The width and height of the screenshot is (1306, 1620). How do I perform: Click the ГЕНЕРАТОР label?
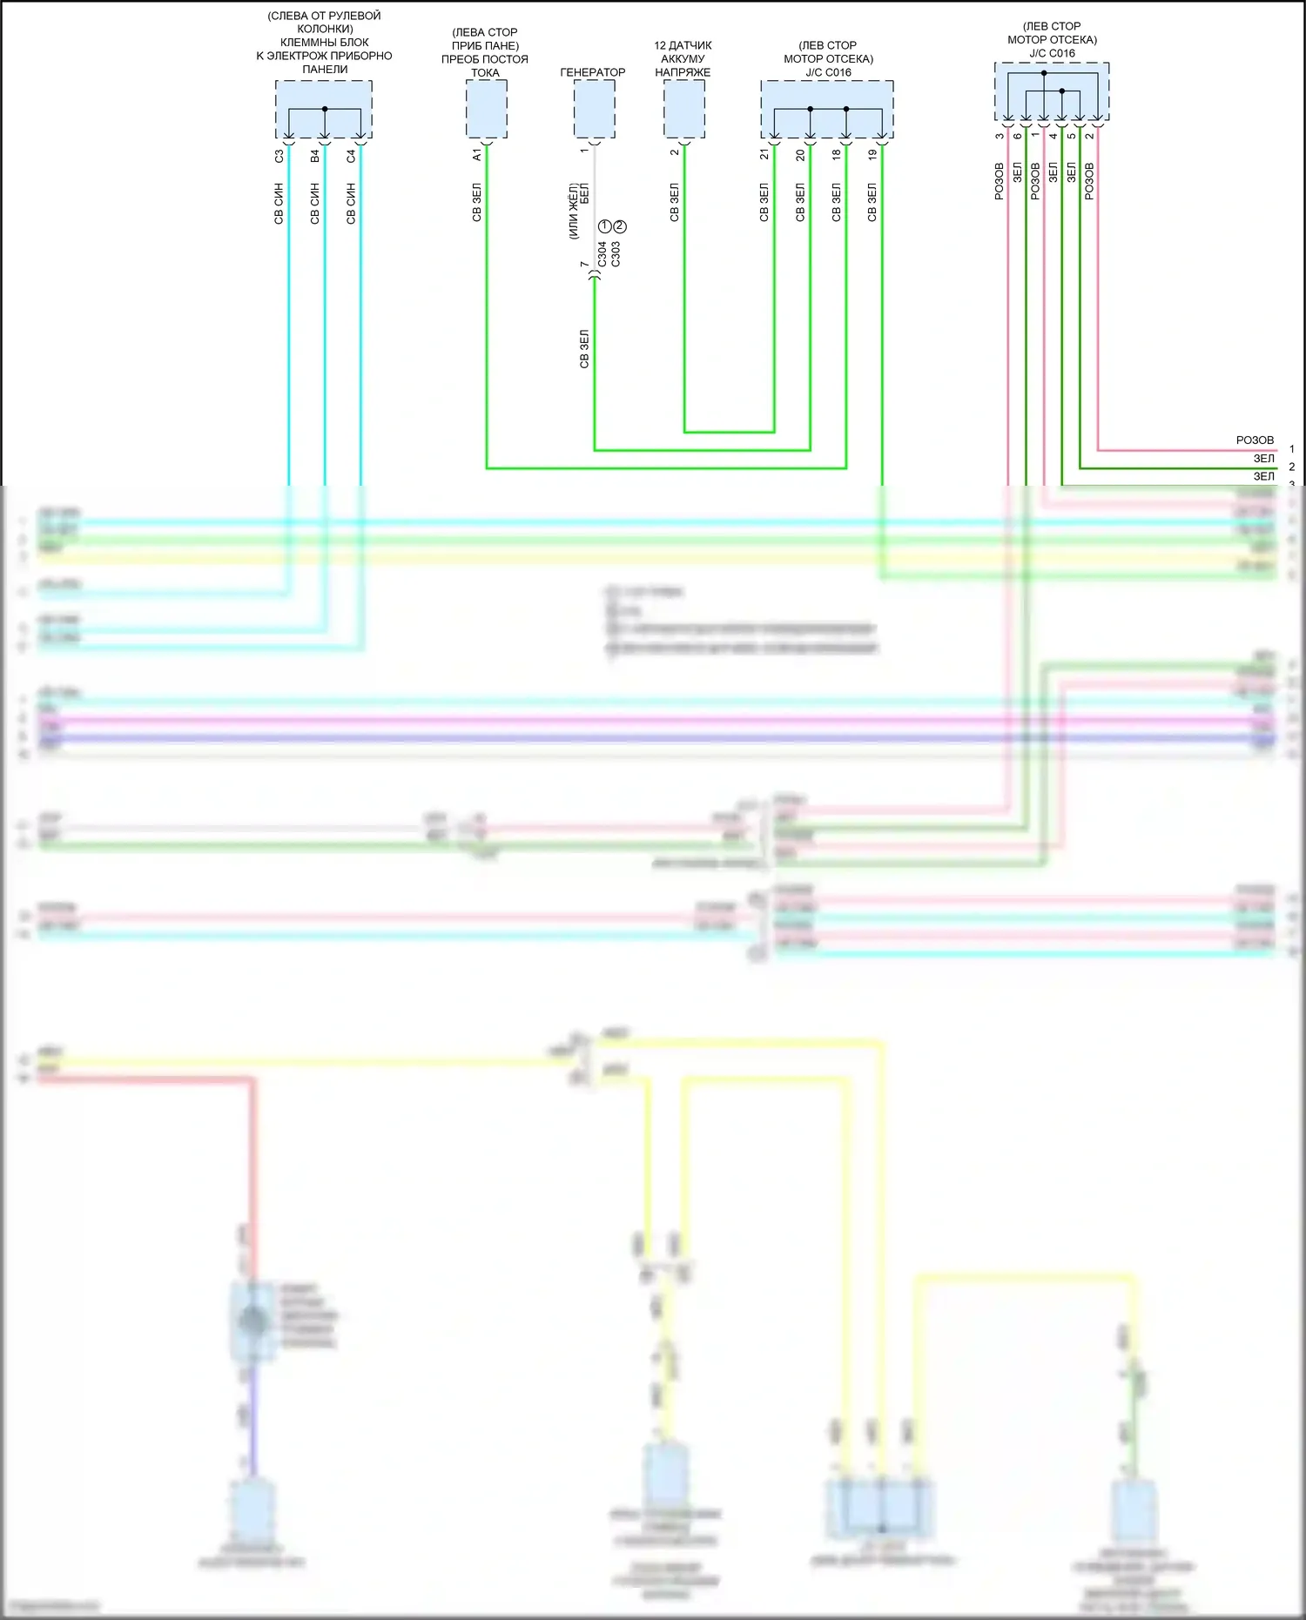tap(592, 72)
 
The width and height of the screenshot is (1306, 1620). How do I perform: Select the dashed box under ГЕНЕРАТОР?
tap(594, 109)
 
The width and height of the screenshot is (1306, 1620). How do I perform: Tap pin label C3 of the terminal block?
tap(279, 157)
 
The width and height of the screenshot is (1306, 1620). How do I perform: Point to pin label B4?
tap(314, 157)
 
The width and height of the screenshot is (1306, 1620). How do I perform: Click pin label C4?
tap(351, 157)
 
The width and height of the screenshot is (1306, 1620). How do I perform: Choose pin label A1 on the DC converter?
tap(476, 155)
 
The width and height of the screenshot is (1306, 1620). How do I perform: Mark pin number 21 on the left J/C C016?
tap(764, 155)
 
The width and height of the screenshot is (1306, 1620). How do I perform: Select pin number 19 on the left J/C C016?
tap(872, 155)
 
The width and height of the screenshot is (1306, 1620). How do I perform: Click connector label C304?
tap(602, 253)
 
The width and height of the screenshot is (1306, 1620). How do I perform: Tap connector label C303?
tap(616, 253)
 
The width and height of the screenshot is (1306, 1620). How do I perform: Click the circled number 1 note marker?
tap(605, 226)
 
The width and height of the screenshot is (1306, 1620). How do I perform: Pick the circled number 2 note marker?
tap(620, 226)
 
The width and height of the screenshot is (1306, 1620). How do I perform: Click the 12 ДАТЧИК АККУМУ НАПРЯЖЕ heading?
tap(683, 58)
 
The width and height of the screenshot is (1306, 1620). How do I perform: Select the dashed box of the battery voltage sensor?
tap(684, 109)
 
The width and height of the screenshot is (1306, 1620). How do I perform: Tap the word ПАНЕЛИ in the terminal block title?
tap(325, 70)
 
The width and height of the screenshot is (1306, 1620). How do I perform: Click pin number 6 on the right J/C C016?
tap(1017, 136)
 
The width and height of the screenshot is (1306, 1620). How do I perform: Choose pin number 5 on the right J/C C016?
tap(1071, 136)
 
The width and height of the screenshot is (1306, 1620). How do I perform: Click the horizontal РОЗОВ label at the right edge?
tap(1255, 440)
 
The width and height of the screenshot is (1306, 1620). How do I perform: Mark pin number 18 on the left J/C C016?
tap(836, 155)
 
